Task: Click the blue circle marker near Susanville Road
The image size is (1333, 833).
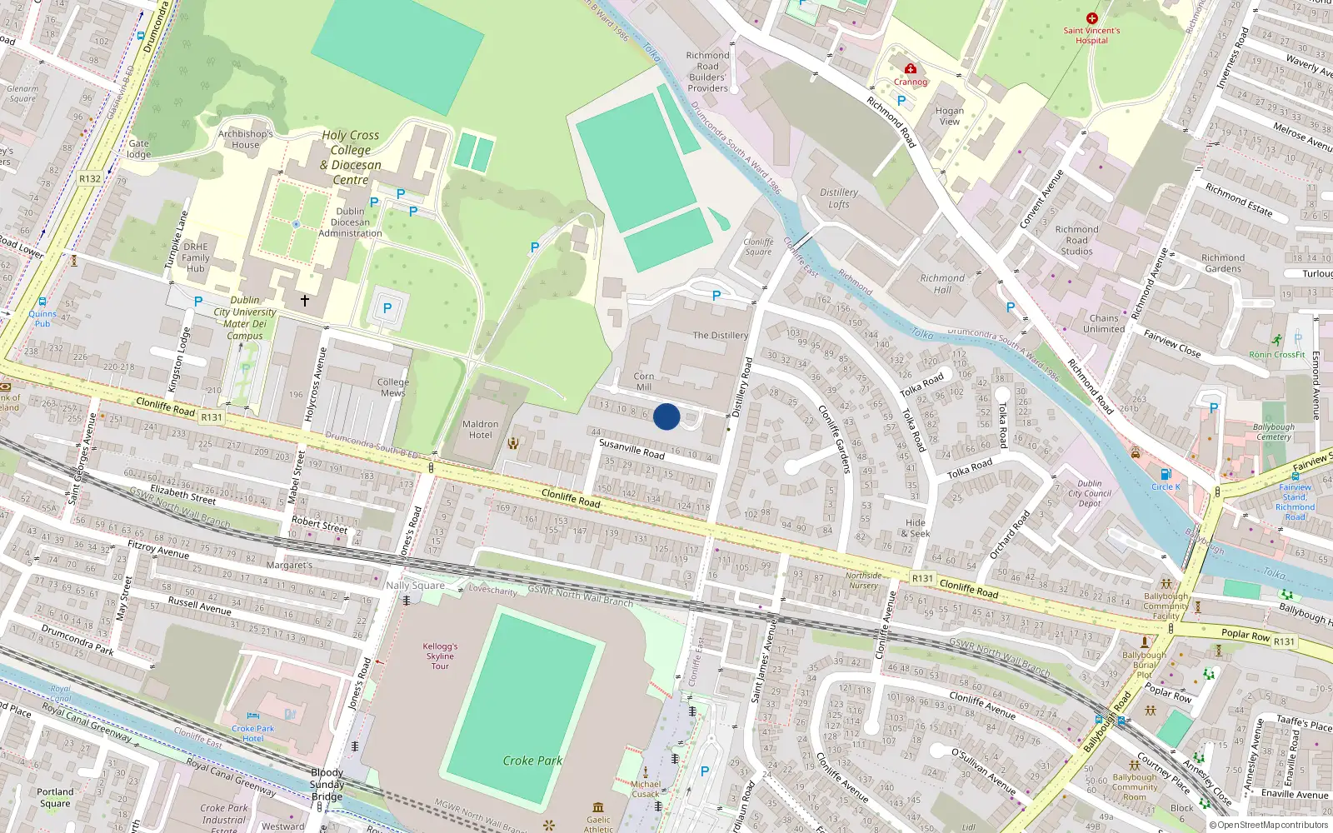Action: click(666, 416)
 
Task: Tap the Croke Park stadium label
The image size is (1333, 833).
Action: click(532, 761)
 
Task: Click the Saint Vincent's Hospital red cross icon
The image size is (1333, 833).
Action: click(1091, 18)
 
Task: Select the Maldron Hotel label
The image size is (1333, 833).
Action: click(481, 429)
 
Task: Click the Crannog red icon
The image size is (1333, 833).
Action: click(911, 69)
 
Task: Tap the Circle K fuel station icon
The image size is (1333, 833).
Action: click(1166, 475)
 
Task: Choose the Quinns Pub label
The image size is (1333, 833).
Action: click(42, 318)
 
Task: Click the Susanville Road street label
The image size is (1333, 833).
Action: click(632, 449)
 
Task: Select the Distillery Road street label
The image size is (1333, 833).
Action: click(741, 387)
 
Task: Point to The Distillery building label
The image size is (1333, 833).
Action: click(721, 336)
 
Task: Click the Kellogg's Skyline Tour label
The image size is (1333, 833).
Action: click(440, 656)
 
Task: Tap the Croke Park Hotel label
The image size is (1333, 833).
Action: click(253, 733)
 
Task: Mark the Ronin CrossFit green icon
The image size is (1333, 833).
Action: click(1277, 340)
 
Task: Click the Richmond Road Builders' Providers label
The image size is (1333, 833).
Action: click(707, 72)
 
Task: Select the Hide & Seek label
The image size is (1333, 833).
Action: click(916, 528)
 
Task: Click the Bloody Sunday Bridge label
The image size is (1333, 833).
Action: click(327, 785)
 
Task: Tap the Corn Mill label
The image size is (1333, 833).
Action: click(644, 382)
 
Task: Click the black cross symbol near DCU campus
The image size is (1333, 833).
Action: click(305, 301)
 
